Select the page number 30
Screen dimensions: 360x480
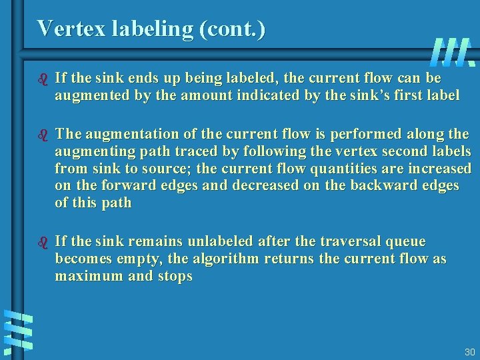pyautogui.click(x=469, y=351)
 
